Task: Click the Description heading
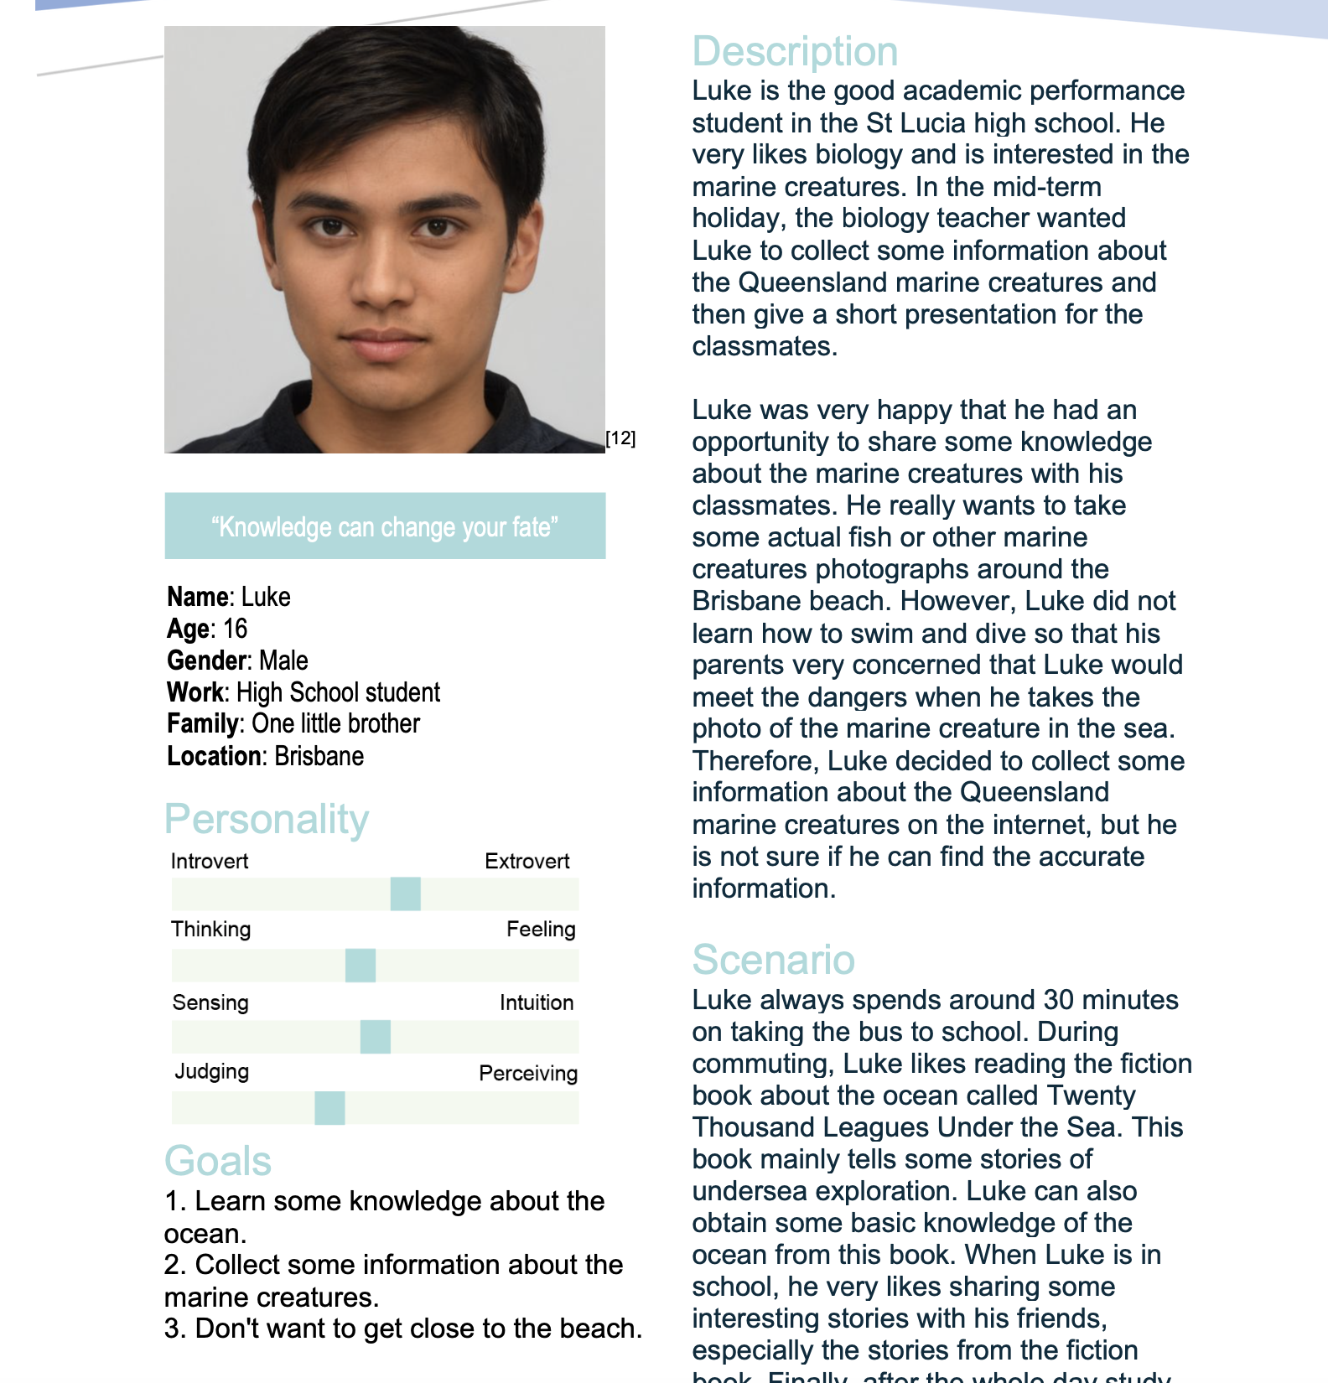(795, 52)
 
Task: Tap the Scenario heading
(773, 960)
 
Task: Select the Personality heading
(267, 820)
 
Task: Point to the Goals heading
(218, 1162)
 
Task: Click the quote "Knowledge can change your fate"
(385, 527)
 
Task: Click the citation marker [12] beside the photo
(620, 438)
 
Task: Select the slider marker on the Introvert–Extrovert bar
(406, 894)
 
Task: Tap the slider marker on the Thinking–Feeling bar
(361, 966)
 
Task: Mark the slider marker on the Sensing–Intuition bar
(376, 1037)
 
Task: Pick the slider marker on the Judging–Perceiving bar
(329, 1108)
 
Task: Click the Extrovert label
(527, 862)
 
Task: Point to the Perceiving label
(528, 1074)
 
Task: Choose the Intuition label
(537, 1003)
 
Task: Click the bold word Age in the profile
(188, 629)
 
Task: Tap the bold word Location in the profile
(214, 757)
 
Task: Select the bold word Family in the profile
(203, 724)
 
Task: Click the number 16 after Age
(236, 629)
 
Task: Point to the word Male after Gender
(283, 661)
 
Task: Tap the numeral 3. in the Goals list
(174, 1329)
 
